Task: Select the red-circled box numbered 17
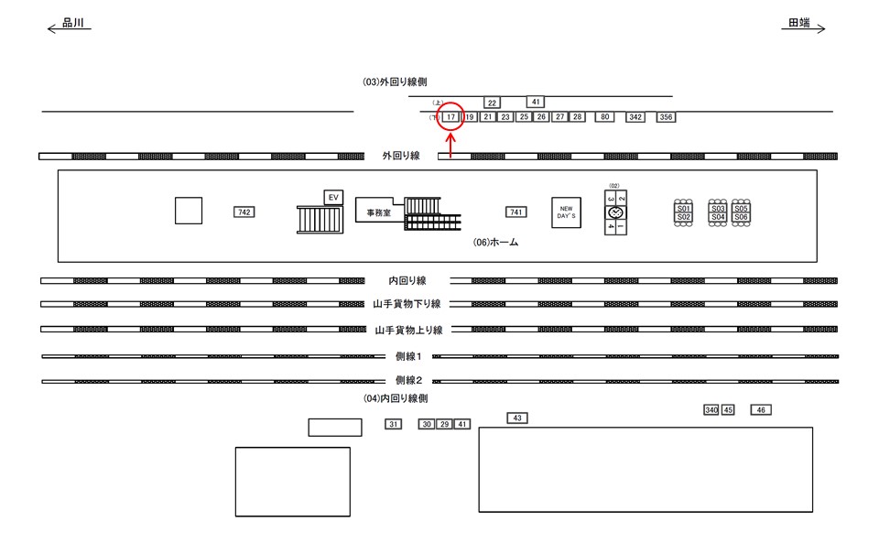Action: pos(450,117)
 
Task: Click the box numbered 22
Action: pos(492,103)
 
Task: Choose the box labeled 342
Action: pos(635,117)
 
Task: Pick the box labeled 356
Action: pos(666,117)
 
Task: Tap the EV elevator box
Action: pos(333,197)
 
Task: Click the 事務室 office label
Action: pos(373,212)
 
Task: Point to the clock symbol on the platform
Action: pos(614,213)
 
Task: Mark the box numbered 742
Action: pos(244,212)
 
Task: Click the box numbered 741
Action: pos(516,212)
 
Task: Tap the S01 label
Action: pos(683,209)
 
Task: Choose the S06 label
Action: pos(742,217)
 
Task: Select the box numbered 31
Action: pos(393,424)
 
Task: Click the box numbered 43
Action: pos(517,418)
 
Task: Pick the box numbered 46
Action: pos(762,410)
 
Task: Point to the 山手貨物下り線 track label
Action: pos(407,304)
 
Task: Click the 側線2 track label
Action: pos(407,380)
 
